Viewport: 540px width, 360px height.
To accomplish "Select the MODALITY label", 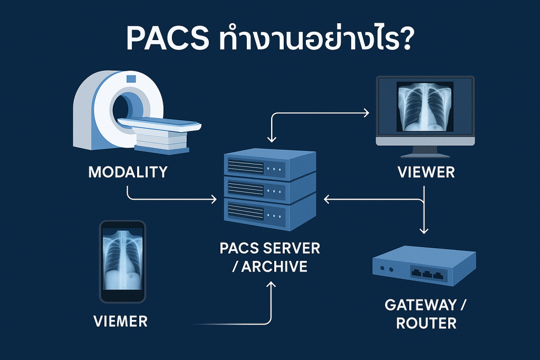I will click(129, 172).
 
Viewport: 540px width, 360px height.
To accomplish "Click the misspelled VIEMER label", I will click(121, 320).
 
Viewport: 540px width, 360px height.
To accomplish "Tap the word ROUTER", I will click(426, 323).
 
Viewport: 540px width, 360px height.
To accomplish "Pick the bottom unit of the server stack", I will click(269, 213).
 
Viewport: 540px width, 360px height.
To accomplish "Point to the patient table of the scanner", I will click(158, 127).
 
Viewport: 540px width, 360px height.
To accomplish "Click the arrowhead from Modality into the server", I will click(213, 200).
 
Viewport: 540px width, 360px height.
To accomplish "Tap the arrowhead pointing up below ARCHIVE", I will click(272, 285).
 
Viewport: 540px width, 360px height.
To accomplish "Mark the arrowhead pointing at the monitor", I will click(367, 112).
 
